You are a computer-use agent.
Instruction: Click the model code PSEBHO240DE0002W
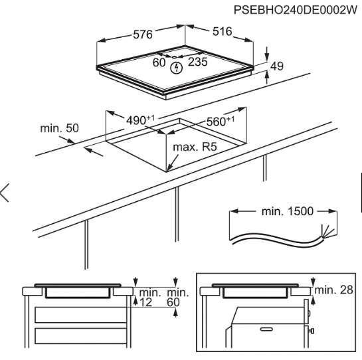[x=296, y=10]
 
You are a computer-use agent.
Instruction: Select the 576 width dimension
[x=143, y=35]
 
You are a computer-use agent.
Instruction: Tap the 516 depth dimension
[x=222, y=31]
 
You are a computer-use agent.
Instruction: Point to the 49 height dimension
[x=277, y=66]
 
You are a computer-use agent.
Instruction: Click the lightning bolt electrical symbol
[x=177, y=68]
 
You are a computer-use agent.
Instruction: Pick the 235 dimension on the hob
[x=198, y=62]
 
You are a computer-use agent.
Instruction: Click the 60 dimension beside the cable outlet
[x=159, y=62]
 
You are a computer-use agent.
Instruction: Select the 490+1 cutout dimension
[x=140, y=120]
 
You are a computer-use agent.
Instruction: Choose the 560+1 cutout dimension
[x=221, y=121]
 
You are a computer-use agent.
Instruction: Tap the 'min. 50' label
[x=60, y=128]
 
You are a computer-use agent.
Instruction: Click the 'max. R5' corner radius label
[x=195, y=147]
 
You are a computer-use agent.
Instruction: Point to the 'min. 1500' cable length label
[x=288, y=211]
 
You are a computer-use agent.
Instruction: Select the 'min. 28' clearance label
[x=334, y=290]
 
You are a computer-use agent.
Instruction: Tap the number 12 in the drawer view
[x=146, y=302]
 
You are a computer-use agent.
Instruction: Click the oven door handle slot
[x=266, y=329]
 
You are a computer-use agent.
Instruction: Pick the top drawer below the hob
[x=80, y=315]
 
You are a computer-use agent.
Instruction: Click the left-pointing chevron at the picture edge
[x=5, y=193]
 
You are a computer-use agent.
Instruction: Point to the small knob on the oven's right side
[x=312, y=331]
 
